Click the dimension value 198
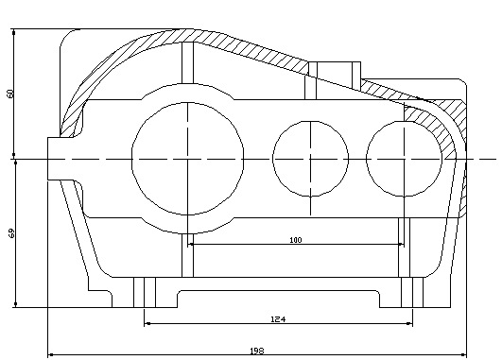[x=257, y=351]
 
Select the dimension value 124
[x=278, y=319]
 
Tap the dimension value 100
[x=296, y=240]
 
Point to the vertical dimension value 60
[x=10, y=94]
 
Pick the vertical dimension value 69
[x=11, y=233]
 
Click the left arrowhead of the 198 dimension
[x=51, y=355]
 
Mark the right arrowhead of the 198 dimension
[x=463, y=355]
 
